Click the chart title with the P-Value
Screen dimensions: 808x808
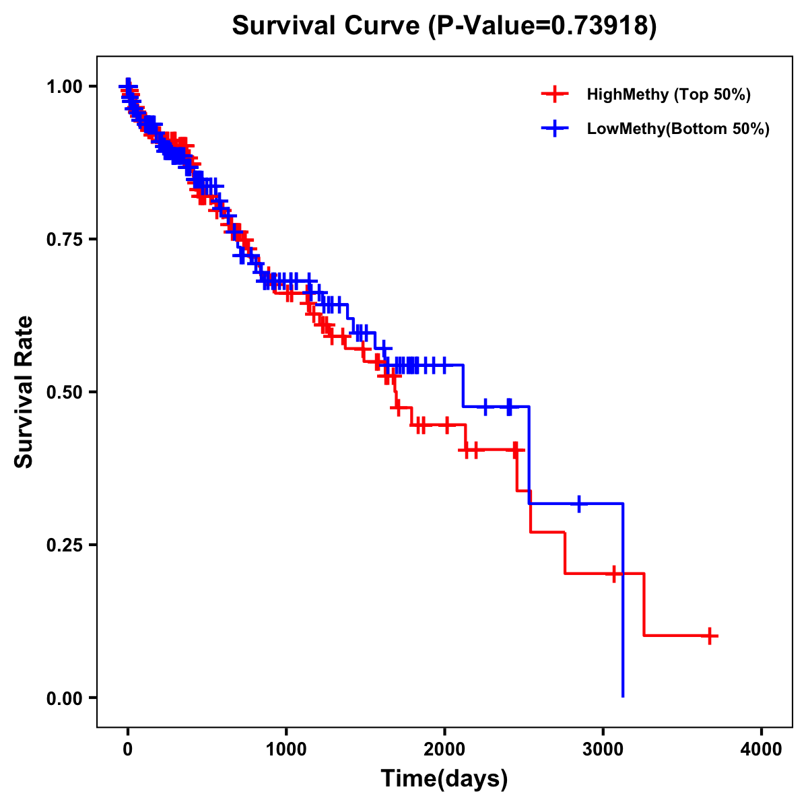[444, 26]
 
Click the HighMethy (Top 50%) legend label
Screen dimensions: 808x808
[668, 94]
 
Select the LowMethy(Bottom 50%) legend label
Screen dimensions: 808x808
[678, 129]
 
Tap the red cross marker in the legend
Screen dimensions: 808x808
[554, 94]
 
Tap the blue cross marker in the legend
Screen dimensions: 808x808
[554, 129]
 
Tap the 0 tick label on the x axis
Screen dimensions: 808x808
[128, 749]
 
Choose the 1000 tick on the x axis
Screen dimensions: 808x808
[286, 749]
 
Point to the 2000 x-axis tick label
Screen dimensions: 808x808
[444, 749]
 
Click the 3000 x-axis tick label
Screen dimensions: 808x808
[603, 749]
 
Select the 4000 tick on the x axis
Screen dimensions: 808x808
[762, 749]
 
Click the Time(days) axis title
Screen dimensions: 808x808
[444, 779]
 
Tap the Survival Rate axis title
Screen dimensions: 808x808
[24, 392]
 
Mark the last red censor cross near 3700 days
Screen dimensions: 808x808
[710, 636]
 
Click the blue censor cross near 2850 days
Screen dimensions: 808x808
[578, 504]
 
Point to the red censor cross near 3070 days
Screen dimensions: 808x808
[613, 574]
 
